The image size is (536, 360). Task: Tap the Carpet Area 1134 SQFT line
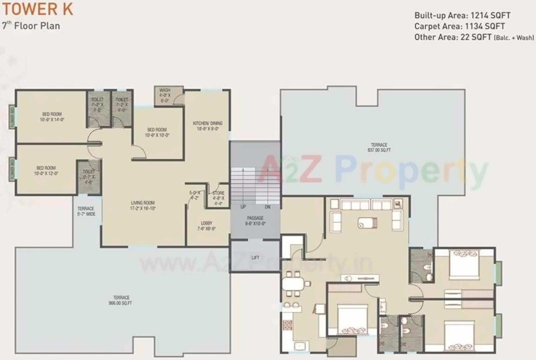[459, 26]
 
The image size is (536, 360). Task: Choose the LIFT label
[255, 257]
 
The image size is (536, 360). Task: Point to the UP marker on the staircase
[243, 207]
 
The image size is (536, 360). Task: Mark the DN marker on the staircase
[267, 207]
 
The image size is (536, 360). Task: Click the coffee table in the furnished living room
[367, 223]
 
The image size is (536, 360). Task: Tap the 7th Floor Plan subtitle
[31, 26]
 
